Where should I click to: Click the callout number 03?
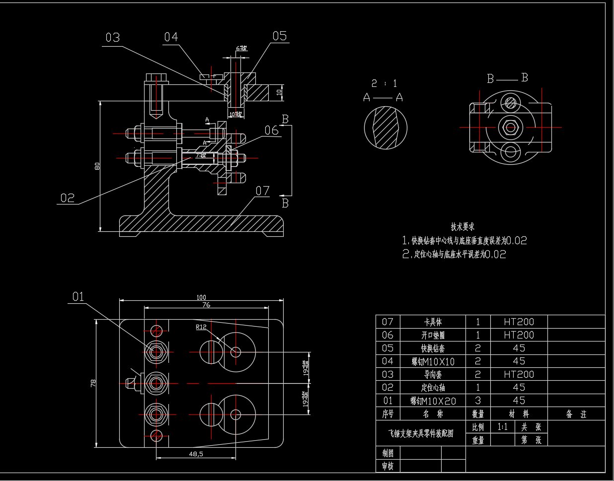[x=113, y=38]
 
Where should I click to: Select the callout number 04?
[x=171, y=37]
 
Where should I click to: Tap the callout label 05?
[x=280, y=36]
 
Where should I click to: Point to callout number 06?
[x=271, y=131]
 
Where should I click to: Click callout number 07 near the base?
[x=263, y=191]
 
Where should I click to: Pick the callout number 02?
[x=68, y=198]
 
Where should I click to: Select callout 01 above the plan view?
[x=78, y=297]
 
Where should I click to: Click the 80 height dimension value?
[x=98, y=166]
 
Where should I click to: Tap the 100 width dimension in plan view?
[x=201, y=297]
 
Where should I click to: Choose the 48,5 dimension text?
[x=196, y=454]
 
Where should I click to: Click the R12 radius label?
[x=201, y=327]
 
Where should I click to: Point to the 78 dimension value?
[x=93, y=383]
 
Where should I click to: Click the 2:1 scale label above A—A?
[x=384, y=83]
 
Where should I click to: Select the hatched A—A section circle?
[x=386, y=128]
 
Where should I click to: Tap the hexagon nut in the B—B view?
[x=510, y=127]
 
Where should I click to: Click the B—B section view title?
[x=507, y=78]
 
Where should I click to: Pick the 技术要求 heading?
[x=462, y=227]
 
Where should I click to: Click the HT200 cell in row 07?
[x=519, y=322]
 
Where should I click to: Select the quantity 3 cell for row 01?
[x=477, y=401]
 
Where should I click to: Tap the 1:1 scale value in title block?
[x=502, y=427]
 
